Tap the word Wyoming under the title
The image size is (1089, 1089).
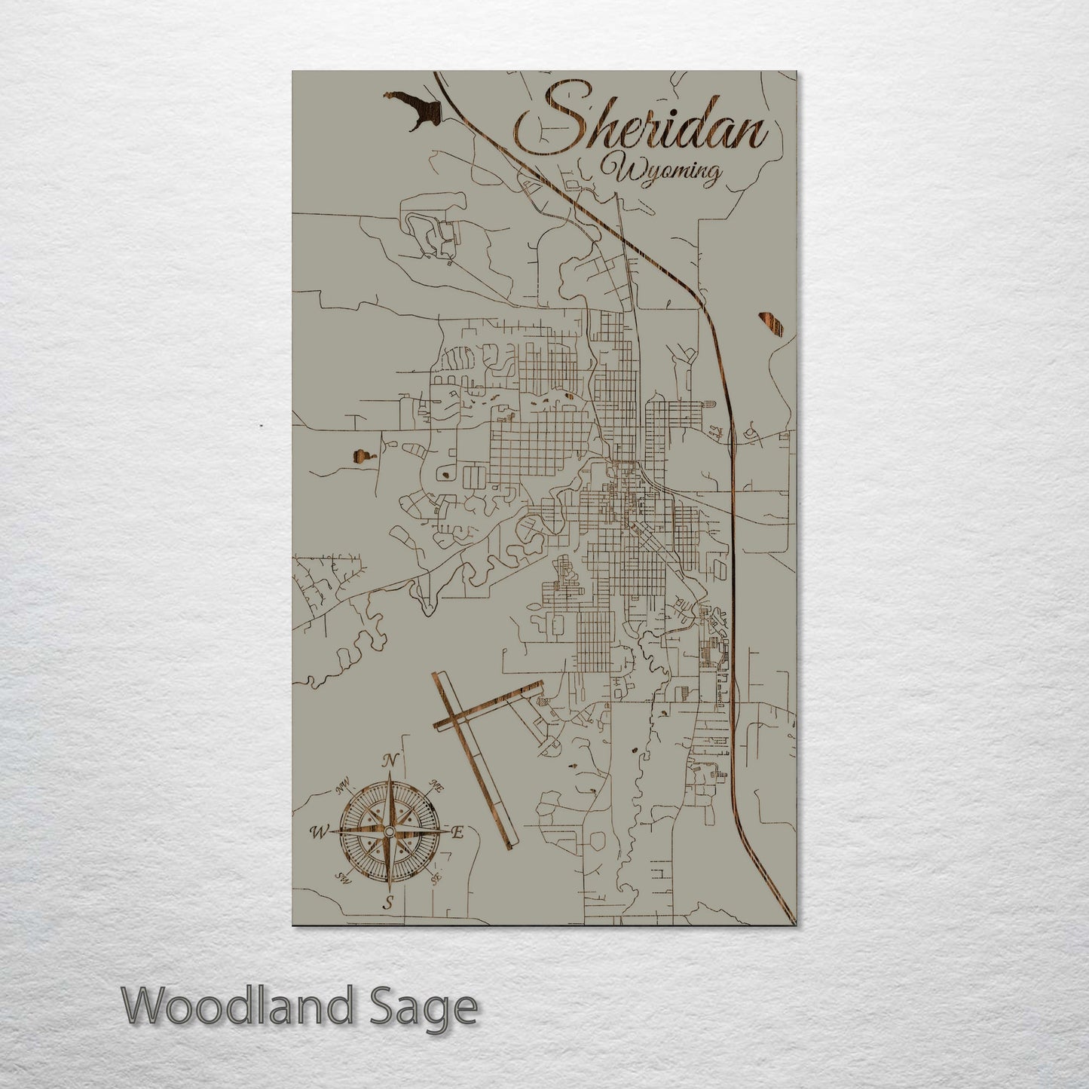point(667,172)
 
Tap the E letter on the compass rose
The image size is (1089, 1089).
point(456,832)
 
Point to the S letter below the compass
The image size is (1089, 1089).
point(388,903)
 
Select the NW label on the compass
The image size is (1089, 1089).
point(344,788)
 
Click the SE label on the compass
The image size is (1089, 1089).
point(435,877)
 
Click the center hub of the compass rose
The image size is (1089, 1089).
point(389,831)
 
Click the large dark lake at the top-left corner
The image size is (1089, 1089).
point(411,109)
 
